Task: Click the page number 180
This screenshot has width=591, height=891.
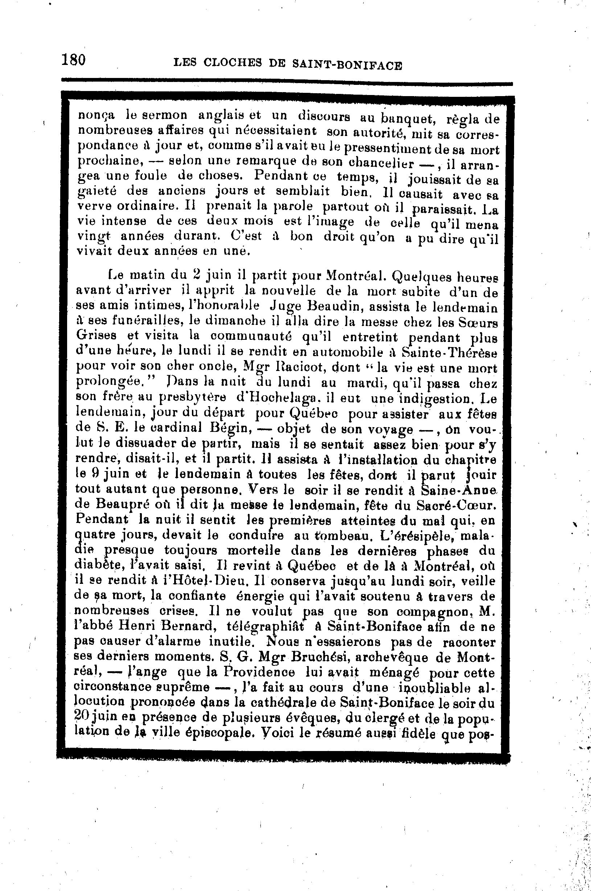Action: pyautogui.click(x=74, y=60)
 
